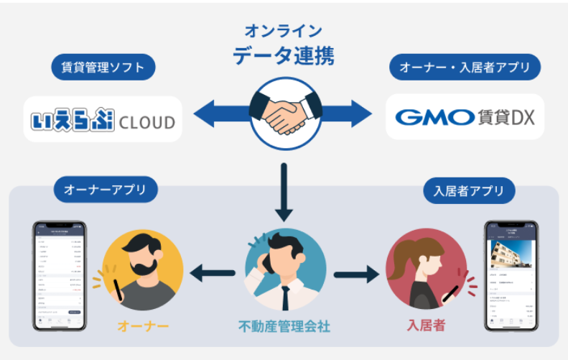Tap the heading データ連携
(x=284, y=55)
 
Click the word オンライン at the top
(x=284, y=31)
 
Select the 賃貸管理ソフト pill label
(x=103, y=68)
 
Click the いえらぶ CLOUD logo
(x=103, y=119)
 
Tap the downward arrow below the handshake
(x=284, y=190)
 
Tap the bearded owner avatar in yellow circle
(x=143, y=269)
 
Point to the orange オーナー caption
(x=143, y=326)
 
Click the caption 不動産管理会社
(x=284, y=326)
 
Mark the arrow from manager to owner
(x=213, y=272)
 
